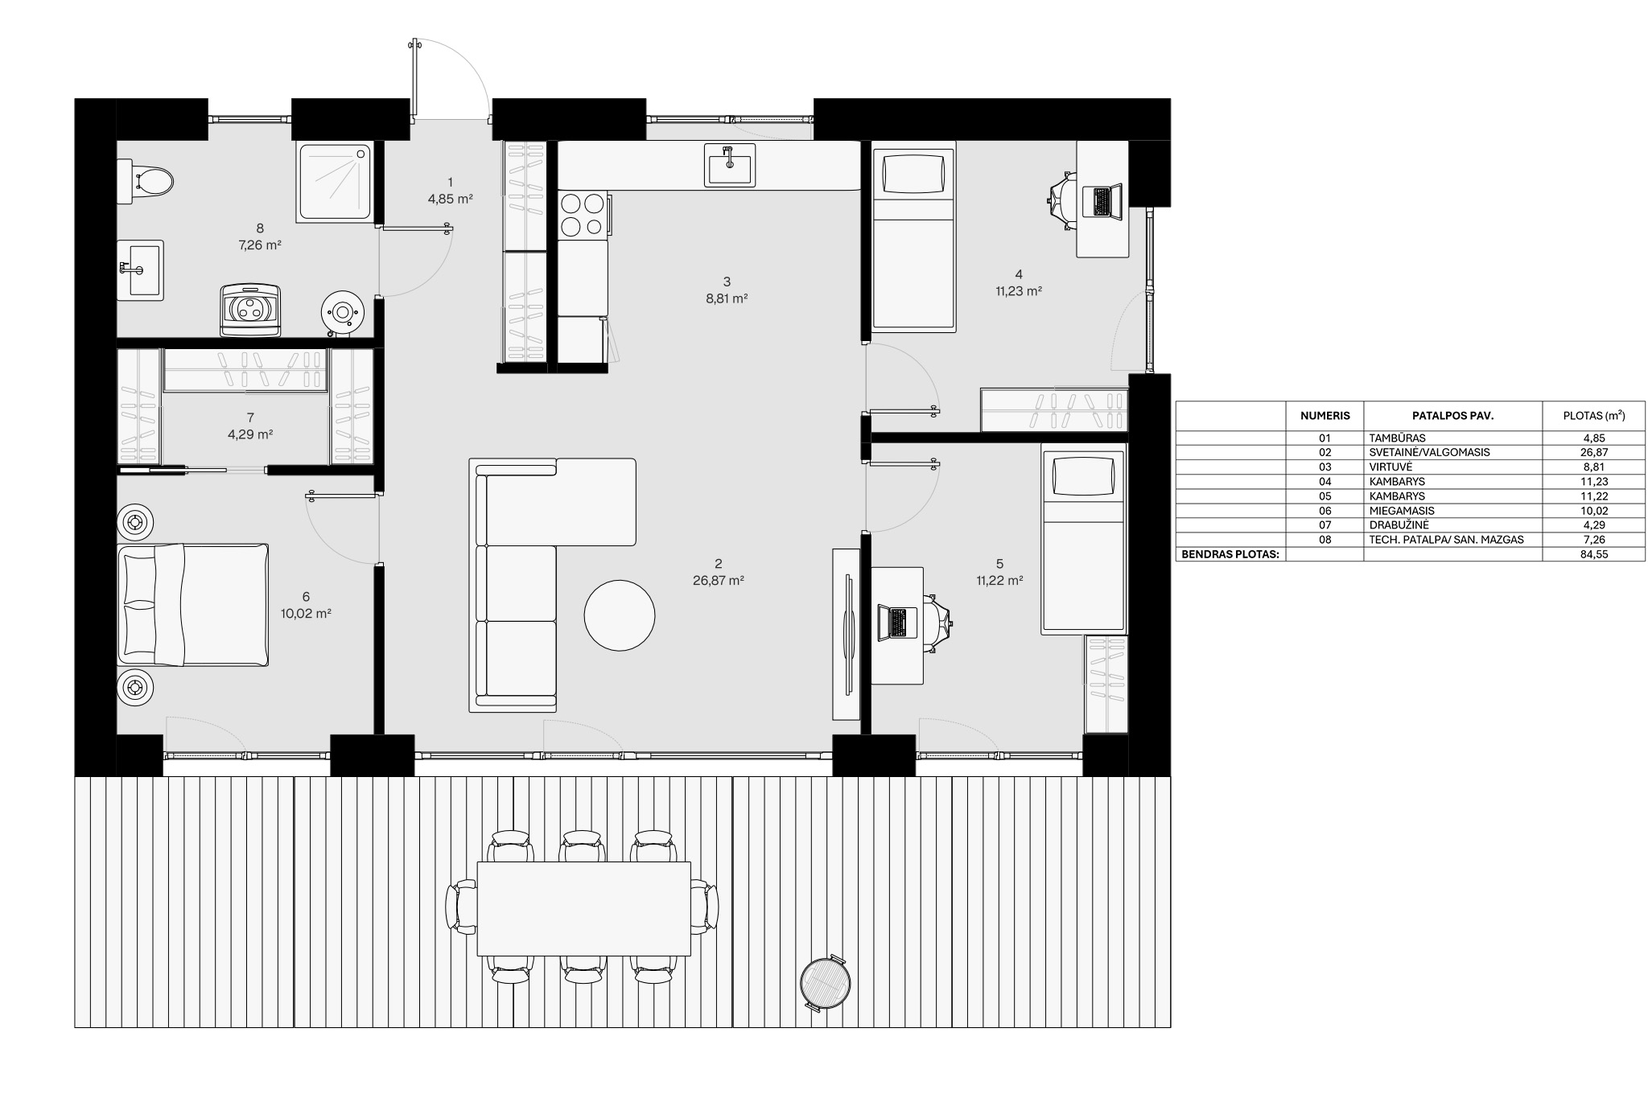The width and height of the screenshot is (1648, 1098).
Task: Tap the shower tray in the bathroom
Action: pos(336,183)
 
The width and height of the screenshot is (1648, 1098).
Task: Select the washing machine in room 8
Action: pos(252,309)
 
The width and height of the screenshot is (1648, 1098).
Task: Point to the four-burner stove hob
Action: pos(583,215)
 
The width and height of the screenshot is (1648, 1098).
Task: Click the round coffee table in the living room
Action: pos(619,615)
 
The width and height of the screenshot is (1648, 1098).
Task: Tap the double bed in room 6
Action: pos(193,605)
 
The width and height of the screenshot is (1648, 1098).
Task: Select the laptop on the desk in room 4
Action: pos(1101,201)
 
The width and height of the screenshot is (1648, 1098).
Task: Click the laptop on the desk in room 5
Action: pos(894,622)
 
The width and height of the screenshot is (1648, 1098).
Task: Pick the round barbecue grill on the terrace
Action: pos(826,981)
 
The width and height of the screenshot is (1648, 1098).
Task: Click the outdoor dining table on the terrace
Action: pos(584,908)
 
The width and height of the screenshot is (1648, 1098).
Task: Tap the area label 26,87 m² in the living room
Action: pos(718,580)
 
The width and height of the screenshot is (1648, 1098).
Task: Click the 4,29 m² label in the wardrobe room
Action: pos(250,434)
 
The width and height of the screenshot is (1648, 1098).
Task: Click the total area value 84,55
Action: pos(1594,554)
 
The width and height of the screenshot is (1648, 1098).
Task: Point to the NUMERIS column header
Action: pos(1325,416)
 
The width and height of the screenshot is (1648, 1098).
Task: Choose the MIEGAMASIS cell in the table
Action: pos(1401,511)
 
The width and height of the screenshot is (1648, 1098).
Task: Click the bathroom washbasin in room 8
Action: pos(141,270)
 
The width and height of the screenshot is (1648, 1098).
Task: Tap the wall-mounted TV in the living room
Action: pos(847,633)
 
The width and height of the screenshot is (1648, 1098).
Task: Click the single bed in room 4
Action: pos(913,236)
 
